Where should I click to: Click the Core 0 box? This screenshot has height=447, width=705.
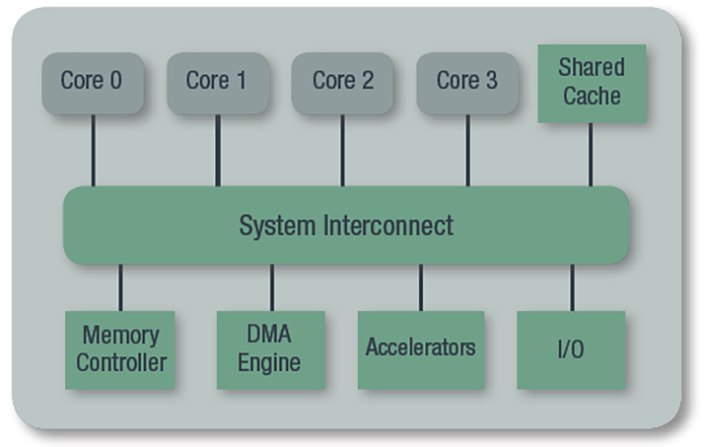point(93,83)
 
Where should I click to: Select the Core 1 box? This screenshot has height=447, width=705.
point(218,83)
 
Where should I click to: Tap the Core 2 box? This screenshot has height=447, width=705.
point(343,83)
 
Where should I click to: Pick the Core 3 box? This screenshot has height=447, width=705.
point(468,83)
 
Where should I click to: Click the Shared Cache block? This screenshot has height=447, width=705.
point(592,83)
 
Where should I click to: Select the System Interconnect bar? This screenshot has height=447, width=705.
point(345,225)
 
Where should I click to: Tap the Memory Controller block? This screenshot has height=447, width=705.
point(120,350)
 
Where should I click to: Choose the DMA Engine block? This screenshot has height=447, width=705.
point(271,350)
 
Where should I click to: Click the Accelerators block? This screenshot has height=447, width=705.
point(421,350)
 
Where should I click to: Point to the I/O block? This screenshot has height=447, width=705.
point(571,350)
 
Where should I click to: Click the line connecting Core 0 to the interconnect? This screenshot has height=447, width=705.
point(93,150)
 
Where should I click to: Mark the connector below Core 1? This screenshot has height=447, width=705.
point(218,150)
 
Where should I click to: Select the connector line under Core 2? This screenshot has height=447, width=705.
point(343,150)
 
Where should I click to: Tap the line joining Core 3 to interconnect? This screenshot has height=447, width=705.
point(468,150)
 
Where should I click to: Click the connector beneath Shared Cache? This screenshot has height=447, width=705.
point(590,154)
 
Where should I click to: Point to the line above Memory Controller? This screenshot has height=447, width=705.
point(121,287)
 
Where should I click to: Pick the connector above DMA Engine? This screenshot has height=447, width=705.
point(272,287)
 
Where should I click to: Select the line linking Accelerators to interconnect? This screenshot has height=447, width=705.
point(421,287)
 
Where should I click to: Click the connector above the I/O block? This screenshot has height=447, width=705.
point(572,287)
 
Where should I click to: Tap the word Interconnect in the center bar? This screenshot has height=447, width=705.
point(388,226)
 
